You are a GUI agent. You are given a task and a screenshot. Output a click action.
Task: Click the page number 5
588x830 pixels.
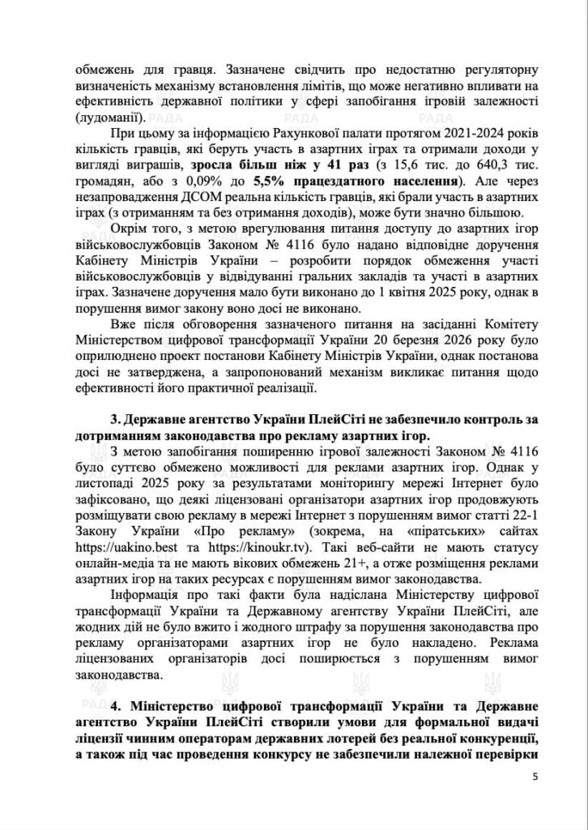coord(535,777)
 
